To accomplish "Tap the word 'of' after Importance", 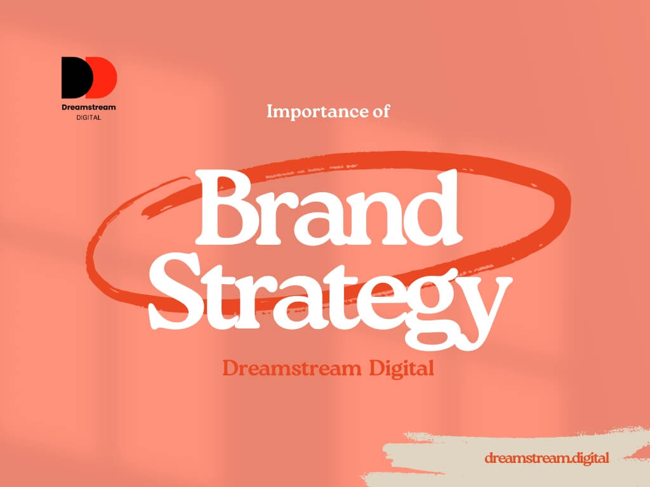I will point(378,112).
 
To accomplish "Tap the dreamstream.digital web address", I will point(547,458).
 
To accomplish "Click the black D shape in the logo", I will point(72,77).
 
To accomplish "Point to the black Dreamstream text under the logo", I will point(89,107).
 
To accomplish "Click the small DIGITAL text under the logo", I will point(89,117).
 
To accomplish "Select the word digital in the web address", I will point(586,458).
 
